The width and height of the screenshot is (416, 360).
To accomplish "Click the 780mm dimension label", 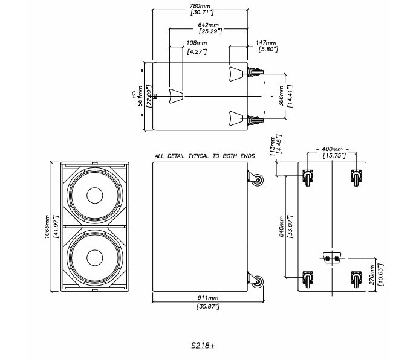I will click(x=201, y=5).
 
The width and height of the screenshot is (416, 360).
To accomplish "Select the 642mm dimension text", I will click(x=208, y=25).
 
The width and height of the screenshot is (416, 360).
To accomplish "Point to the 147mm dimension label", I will click(x=267, y=43).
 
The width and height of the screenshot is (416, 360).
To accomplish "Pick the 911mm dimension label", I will click(x=208, y=298).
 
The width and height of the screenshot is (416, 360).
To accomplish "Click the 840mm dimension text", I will click(x=282, y=226).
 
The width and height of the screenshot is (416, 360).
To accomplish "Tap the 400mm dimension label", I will click(x=332, y=149).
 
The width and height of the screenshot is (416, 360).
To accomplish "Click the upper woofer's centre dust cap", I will click(x=95, y=196).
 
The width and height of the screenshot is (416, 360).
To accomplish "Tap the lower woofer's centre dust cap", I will click(x=95, y=258).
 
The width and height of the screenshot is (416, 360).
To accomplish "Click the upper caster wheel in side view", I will click(x=259, y=179).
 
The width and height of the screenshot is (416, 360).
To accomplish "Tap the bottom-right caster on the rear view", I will click(x=356, y=280).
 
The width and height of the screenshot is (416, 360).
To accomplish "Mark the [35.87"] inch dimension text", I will click(x=208, y=307).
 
